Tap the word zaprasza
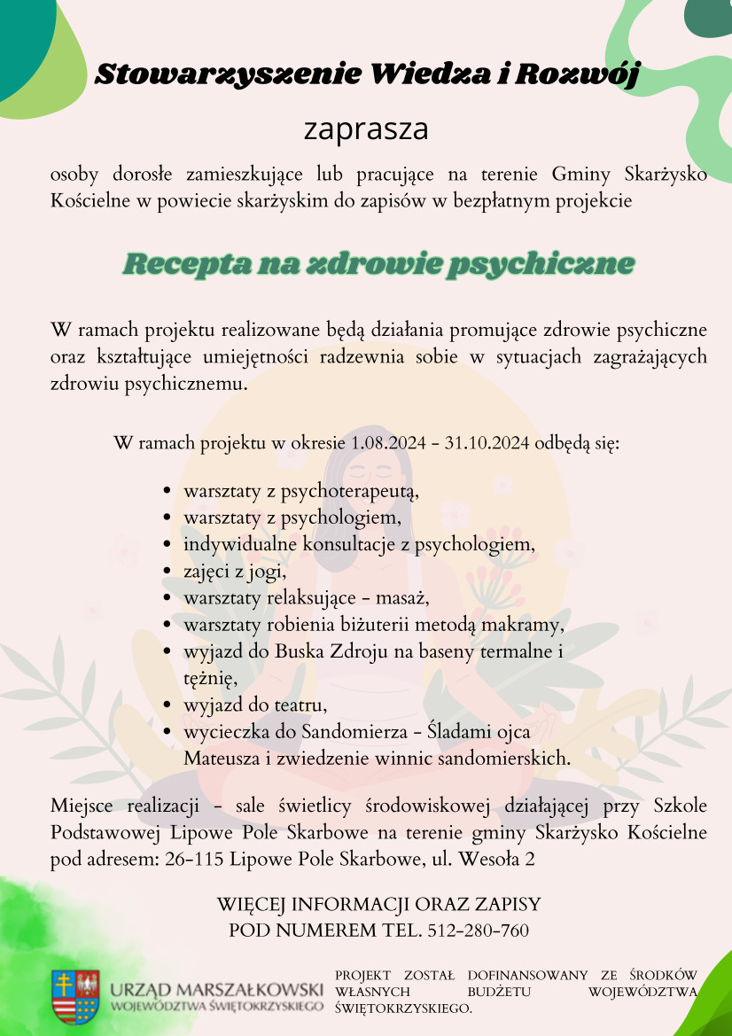[366, 129]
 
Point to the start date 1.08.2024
[387, 443]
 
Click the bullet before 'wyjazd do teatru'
[167, 706]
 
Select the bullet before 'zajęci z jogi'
[167, 572]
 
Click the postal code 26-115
[195, 859]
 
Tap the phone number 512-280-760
[479, 931]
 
